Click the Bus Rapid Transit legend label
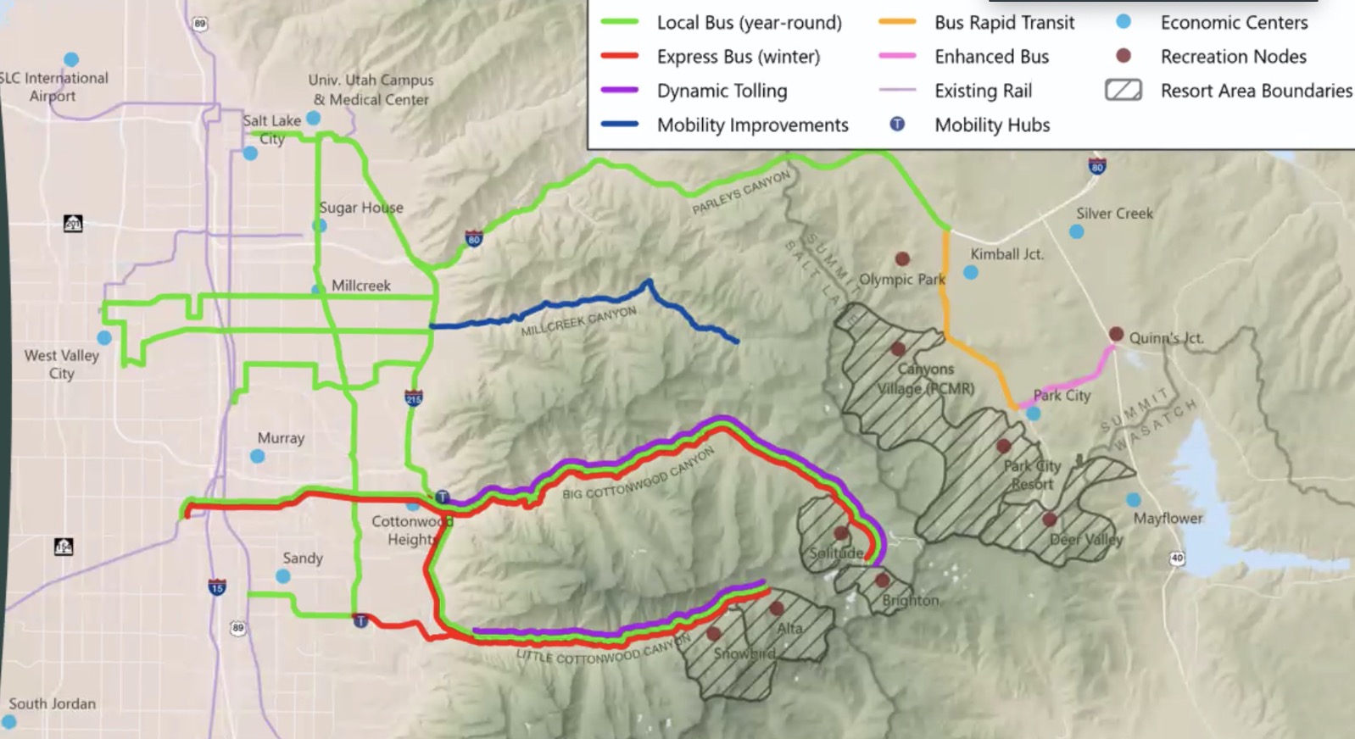(1004, 23)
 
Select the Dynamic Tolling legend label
(722, 91)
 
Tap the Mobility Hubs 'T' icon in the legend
(897, 125)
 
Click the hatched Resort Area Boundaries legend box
(1124, 90)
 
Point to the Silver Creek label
(1114, 214)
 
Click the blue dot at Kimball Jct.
(971, 272)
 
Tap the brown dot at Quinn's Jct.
(1116, 334)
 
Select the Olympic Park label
(901, 279)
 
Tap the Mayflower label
(1168, 518)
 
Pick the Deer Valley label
(1085, 540)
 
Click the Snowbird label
(744, 653)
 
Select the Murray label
(281, 438)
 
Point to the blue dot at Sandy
(283, 576)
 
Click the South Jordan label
(53, 703)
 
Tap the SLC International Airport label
(54, 86)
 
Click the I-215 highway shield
(413, 397)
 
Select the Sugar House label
(361, 208)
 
